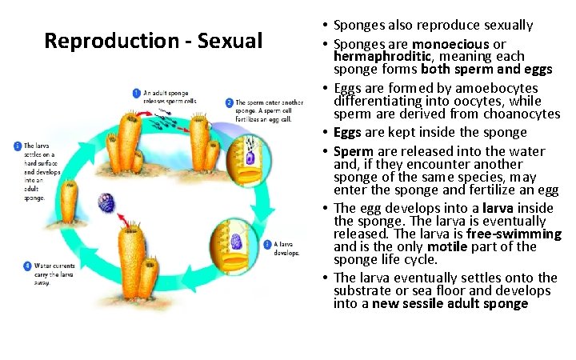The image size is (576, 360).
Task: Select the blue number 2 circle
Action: click(x=230, y=103)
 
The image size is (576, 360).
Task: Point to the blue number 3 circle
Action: click(x=268, y=243)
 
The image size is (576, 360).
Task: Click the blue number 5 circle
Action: click(x=18, y=146)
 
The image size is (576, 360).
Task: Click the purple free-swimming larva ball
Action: click(x=105, y=202)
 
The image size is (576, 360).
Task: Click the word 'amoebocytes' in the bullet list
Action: click(x=514, y=88)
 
